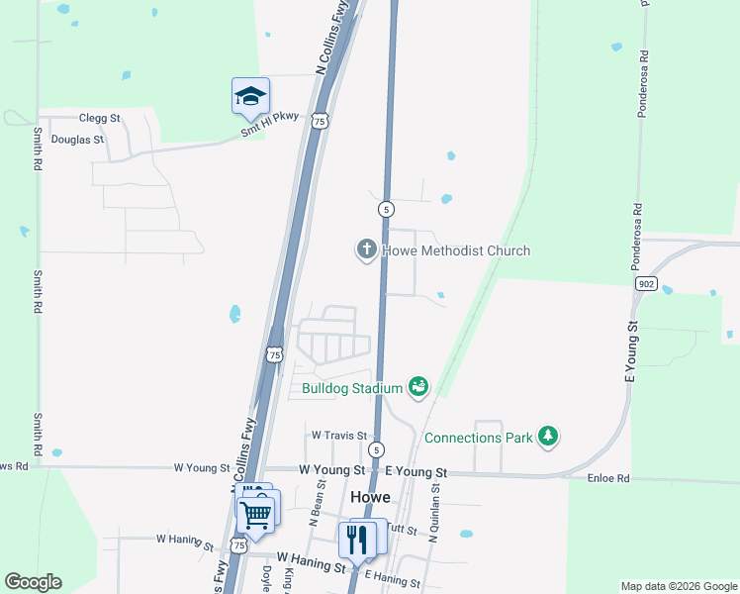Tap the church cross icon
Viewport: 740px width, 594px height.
367,249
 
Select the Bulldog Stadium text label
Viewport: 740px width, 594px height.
352,388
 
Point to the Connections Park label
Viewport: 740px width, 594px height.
478,437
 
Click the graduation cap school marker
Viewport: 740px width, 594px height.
250,96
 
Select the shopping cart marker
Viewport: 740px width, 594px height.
256,514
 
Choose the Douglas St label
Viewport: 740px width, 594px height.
77,140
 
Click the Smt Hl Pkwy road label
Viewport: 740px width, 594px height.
270,124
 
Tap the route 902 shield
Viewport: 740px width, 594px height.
646,283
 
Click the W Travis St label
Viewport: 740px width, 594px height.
339,435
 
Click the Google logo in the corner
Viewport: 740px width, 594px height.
33,582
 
